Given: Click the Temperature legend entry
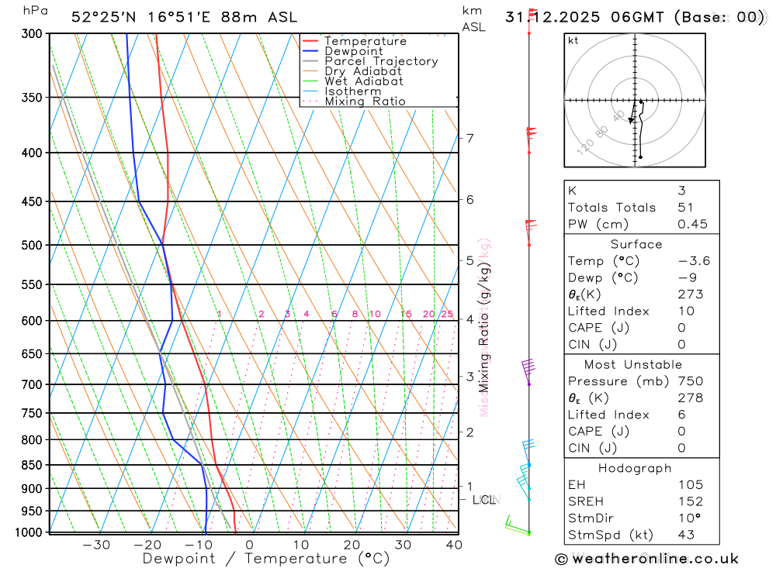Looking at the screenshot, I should [x=365, y=41].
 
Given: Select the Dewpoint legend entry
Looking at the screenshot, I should [x=353, y=51].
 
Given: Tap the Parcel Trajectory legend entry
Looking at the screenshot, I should [x=380, y=61].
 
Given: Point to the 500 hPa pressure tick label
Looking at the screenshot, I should [x=32, y=245].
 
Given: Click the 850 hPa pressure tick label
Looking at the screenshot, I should [x=32, y=465].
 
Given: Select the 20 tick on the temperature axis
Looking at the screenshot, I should [x=352, y=545].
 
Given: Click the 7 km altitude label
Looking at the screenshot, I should [x=469, y=138].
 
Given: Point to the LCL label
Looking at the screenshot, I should [x=483, y=500].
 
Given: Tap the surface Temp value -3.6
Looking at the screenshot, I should [x=693, y=261].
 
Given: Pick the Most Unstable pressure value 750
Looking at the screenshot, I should [x=690, y=381].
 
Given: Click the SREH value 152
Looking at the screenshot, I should [x=690, y=501].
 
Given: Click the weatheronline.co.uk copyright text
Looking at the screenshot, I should [x=646, y=558].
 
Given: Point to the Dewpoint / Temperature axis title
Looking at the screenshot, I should [x=266, y=559].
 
